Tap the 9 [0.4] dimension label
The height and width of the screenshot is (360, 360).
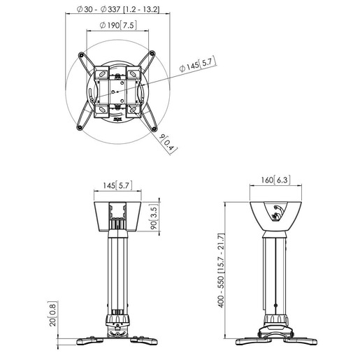pos(164,145)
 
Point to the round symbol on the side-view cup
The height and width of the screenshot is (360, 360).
pos(278,212)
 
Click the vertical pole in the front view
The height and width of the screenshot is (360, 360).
pos(117,273)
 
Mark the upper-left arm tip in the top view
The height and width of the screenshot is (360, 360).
pos(82,54)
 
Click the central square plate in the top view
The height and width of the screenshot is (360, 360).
pos(117,89)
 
